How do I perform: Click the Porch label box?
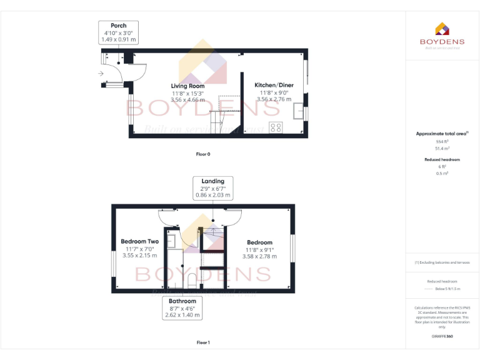pyautogui.click(x=118, y=32)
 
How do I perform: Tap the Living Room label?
pyautogui.click(x=187, y=86)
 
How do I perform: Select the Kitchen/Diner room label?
pyautogui.click(x=273, y=85)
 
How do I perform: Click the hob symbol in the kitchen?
pyautogui.click(x=275, y=127)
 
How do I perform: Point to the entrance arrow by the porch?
pyautogui.click(x=101, y=74)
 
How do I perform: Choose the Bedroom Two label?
pyautogui.click(x=139, y=241)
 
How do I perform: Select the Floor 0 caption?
pyautogui.click(x=203, y=154)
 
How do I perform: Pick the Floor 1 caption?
pyautogui.click(x=203, y=342)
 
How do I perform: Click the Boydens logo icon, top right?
pyautogui.click(x=442, y=29)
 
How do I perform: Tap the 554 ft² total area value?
pyautogui.click(x=442, y=141)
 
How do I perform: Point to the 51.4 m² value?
pyautogui.click(x=442, y=149)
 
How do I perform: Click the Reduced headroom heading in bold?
pyautogui.click(x=442, y=160)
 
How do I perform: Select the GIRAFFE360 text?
pyautogui.click(x=442, y=336)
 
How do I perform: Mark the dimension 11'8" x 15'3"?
pyautogui.click(x=187, y=93)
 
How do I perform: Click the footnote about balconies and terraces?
pyautogui.click(x=442, y=262)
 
